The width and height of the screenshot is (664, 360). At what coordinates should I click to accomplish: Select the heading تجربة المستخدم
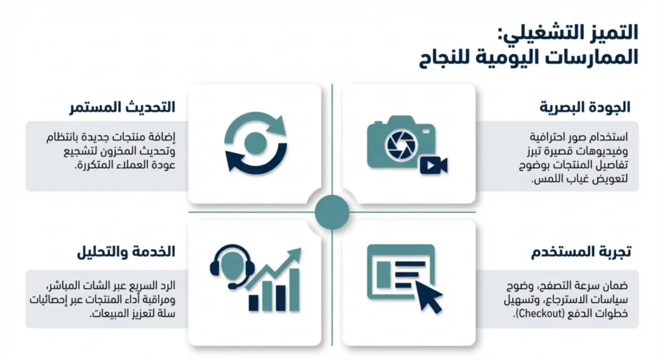click(584, 252)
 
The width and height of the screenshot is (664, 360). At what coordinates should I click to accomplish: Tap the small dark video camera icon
click(433, 165)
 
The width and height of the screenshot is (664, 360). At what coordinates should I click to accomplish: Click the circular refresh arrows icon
click(255, 143)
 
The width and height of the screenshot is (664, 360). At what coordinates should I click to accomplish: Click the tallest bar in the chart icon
click(293, 289)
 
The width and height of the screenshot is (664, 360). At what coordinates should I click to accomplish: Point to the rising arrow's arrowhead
click(296, 254)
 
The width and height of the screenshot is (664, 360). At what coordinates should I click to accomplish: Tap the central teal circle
click(332, 211)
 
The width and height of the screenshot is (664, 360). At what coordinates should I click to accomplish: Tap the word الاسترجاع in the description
click(551, 300)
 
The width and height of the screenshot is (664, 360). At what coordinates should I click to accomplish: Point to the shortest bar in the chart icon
click(254, 302)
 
